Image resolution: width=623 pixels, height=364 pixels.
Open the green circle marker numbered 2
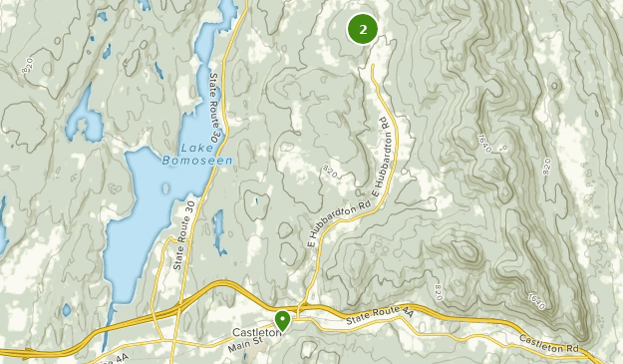tap(362, 30)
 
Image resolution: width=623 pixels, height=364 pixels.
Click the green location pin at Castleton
tap(283, 320)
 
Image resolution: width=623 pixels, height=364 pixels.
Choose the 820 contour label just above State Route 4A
tap(439, 292)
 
